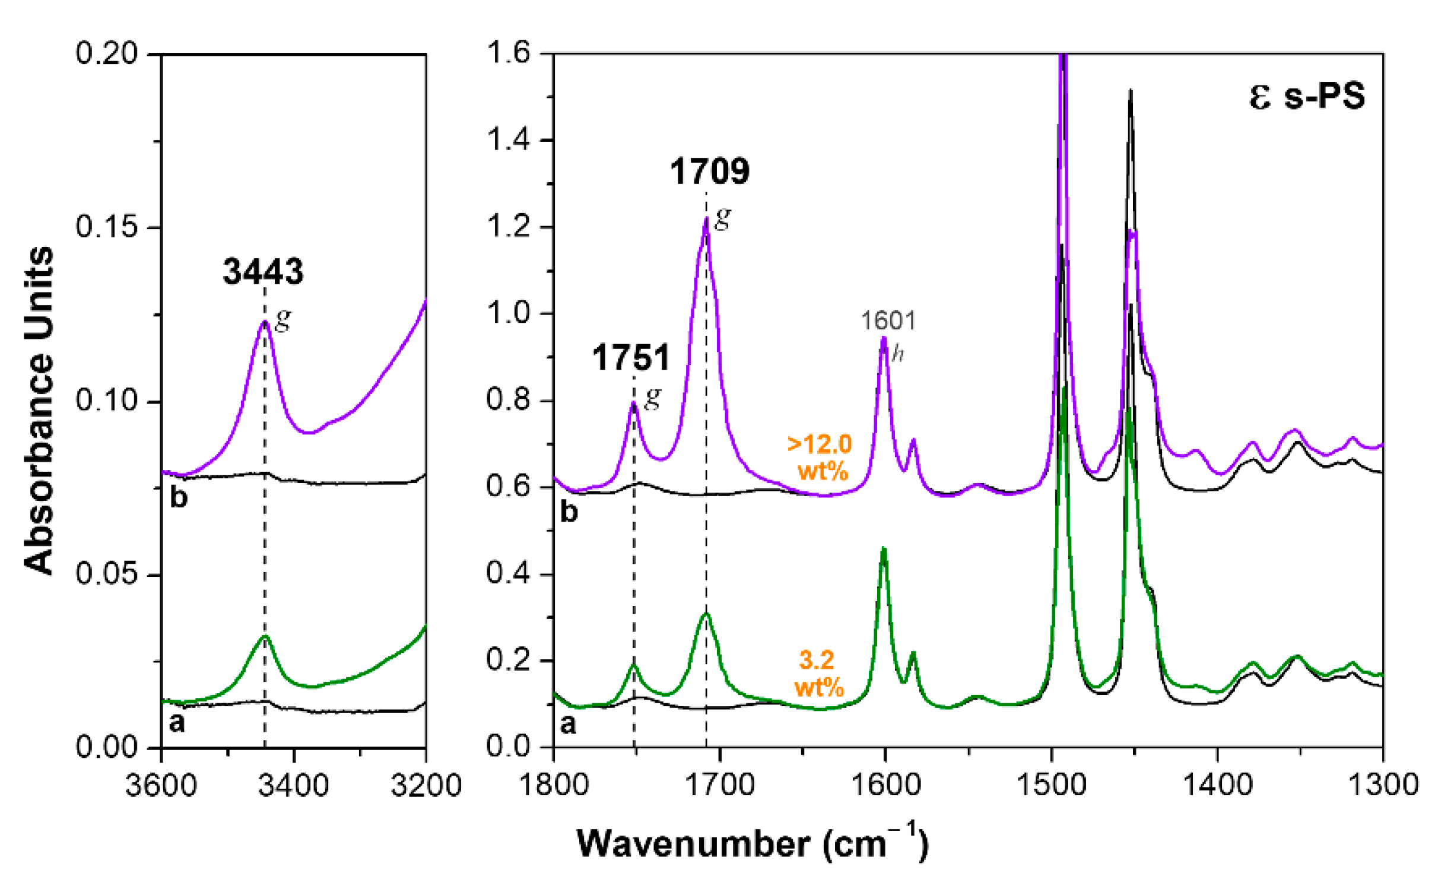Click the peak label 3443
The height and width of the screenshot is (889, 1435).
263,272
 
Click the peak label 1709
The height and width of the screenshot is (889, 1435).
709,172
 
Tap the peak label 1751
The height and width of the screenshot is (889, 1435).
631,358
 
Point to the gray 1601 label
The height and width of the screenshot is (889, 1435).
888,321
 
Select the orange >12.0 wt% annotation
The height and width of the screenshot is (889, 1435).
820,458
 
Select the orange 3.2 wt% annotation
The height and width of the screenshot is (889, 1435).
818,674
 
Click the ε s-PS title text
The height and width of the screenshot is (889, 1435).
1306,96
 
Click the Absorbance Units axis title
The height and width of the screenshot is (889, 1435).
39,409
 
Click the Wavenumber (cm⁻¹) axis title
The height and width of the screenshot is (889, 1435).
752,843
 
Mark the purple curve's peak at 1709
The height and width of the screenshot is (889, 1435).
706,218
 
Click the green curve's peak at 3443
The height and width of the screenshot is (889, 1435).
265,636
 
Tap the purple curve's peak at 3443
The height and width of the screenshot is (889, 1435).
265,321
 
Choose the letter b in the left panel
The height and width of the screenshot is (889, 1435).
179,497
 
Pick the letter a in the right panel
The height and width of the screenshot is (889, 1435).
568,724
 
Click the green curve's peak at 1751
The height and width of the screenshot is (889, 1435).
634,665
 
